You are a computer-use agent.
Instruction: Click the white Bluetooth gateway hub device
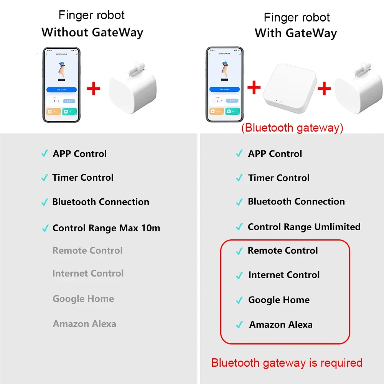pyautogui.click(x=290, y=90)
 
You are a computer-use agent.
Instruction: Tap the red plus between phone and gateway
pyautogui.click(x=254, y=87)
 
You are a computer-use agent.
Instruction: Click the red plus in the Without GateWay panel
pyautogui.click(x=94, y=89)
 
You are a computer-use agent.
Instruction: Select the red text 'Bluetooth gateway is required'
pyautogui.click(x=287, y=363)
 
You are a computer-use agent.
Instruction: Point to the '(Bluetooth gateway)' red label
pyautogui.click(x=292, y=128)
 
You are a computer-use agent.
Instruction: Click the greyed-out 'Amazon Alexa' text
pyautogui.click(x=84, y=324)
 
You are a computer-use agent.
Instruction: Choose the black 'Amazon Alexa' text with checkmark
pyautogui.click(x=281, y=325)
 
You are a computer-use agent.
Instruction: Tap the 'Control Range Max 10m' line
pyautogui.click(x=106, y=228)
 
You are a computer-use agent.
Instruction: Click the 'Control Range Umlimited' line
pyautogui.click(x=304, y=227)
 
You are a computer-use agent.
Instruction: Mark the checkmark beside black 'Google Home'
pyautogui.click(x=239, y=300)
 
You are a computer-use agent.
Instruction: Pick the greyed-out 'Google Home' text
pyautogui.click(x=83, y=299)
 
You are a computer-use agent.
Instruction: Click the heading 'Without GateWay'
pyautogui.click(x=92, y=32)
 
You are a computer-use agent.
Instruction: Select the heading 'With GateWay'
pyautogui.click(x=296, y=33)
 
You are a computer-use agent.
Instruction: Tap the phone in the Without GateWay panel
pyautogui.click(x=62, y=85)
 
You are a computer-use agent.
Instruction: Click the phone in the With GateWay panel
pyautogui.click(x=225, y=85)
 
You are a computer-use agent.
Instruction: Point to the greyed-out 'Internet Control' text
pyautogui.click(x=88, y=274)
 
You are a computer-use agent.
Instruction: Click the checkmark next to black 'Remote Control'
pyautogui.click(x=239, y=251)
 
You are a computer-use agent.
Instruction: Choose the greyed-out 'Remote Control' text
pyautogui.click(x=87, y=251)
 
